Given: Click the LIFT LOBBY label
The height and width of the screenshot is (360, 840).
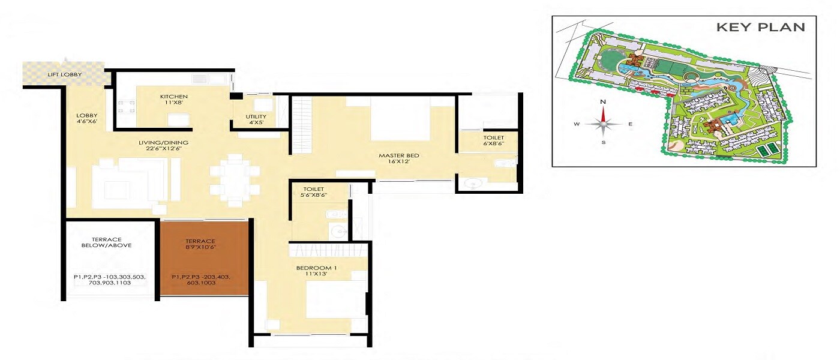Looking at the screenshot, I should (65, 75).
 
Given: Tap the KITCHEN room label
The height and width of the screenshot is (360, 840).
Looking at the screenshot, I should (174, 96).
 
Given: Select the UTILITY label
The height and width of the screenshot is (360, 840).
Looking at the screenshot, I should (256, 116).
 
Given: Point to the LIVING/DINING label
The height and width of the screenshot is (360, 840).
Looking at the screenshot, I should (164, 142).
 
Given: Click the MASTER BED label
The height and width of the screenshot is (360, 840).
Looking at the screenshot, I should (398, 156).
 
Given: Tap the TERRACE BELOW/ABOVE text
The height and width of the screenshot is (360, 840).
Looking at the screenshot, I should (107, 241).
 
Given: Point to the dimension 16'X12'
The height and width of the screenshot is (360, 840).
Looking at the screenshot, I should (398, 163).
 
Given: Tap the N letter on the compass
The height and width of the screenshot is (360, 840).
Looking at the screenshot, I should (604, 102).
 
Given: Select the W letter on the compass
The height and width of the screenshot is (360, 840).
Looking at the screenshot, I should (577, 125).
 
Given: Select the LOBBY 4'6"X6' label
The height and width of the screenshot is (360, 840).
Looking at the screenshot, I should (86, 119).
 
